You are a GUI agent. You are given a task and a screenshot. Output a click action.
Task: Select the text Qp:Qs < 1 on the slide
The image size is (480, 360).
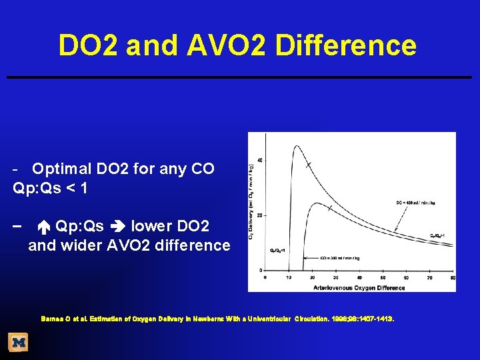[50, 189]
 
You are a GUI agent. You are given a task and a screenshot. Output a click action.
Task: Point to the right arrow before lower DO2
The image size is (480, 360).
[117, 225]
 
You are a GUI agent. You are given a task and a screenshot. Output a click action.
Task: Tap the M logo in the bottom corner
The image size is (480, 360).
[18, 343]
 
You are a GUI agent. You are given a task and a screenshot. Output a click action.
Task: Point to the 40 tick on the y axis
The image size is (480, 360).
[259, 159]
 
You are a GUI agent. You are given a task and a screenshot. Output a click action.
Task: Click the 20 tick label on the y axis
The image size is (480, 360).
[259, 215]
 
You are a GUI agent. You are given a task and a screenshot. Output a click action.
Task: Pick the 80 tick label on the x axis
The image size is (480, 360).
[453, 277]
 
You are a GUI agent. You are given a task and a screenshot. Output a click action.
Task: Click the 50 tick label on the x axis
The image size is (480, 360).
[383, 277]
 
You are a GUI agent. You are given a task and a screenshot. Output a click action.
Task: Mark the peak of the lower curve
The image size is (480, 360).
[307, 202]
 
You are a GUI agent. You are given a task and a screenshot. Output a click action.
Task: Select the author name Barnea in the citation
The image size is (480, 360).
[52, 319]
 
